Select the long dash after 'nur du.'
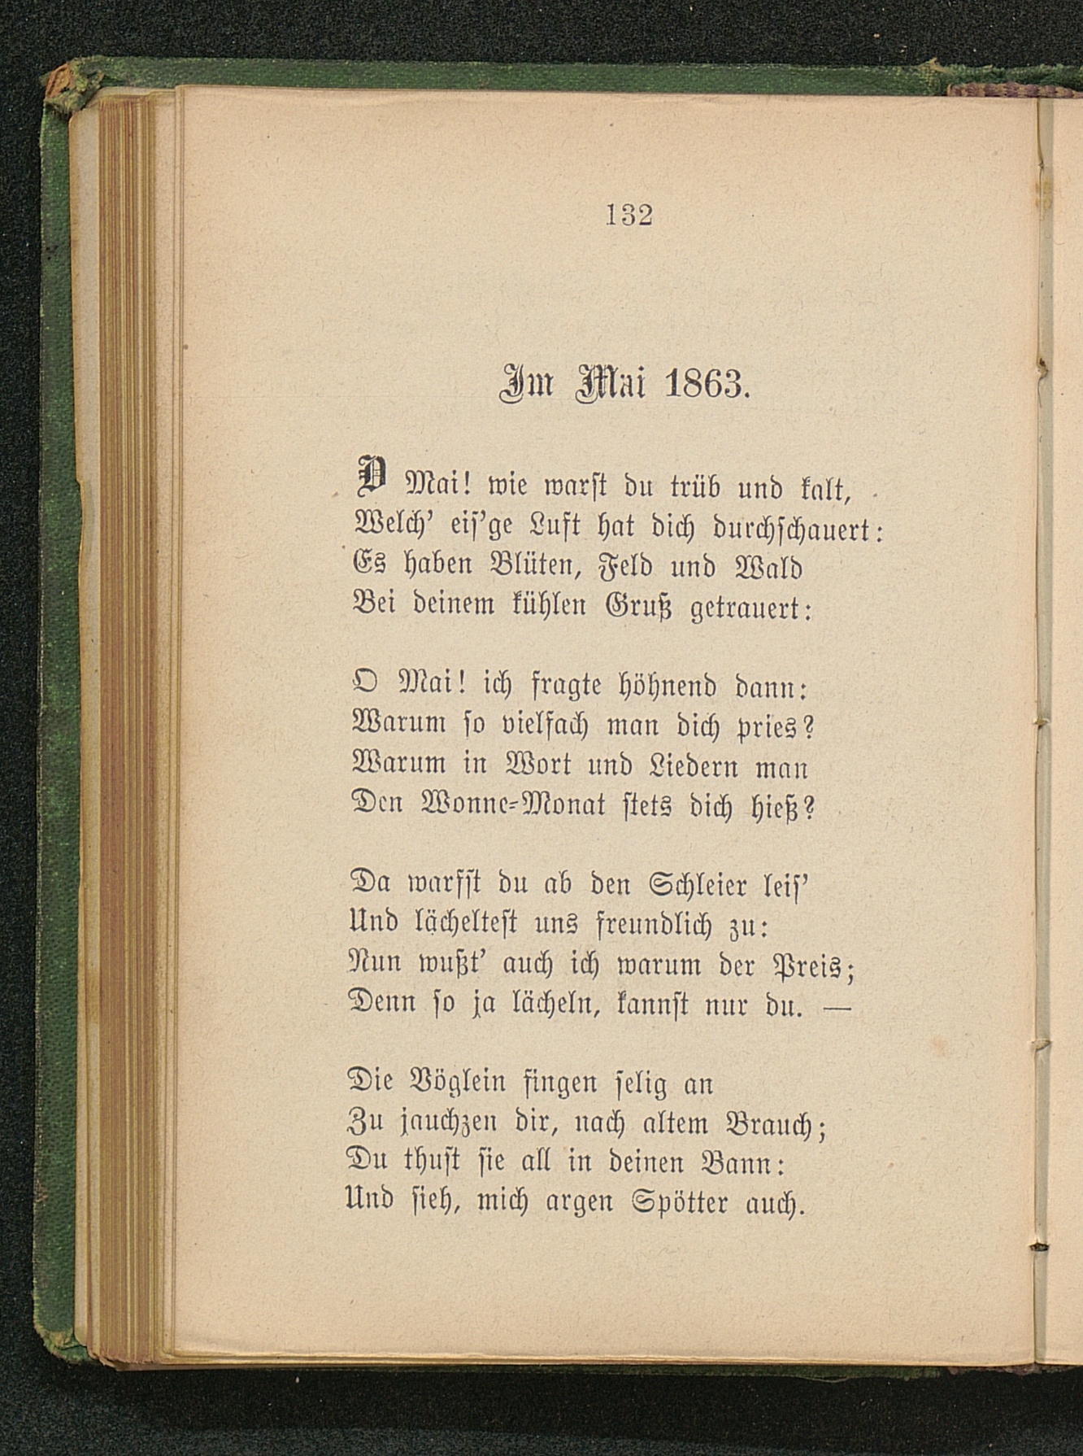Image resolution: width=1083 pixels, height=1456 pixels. (x=837, y=1009)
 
